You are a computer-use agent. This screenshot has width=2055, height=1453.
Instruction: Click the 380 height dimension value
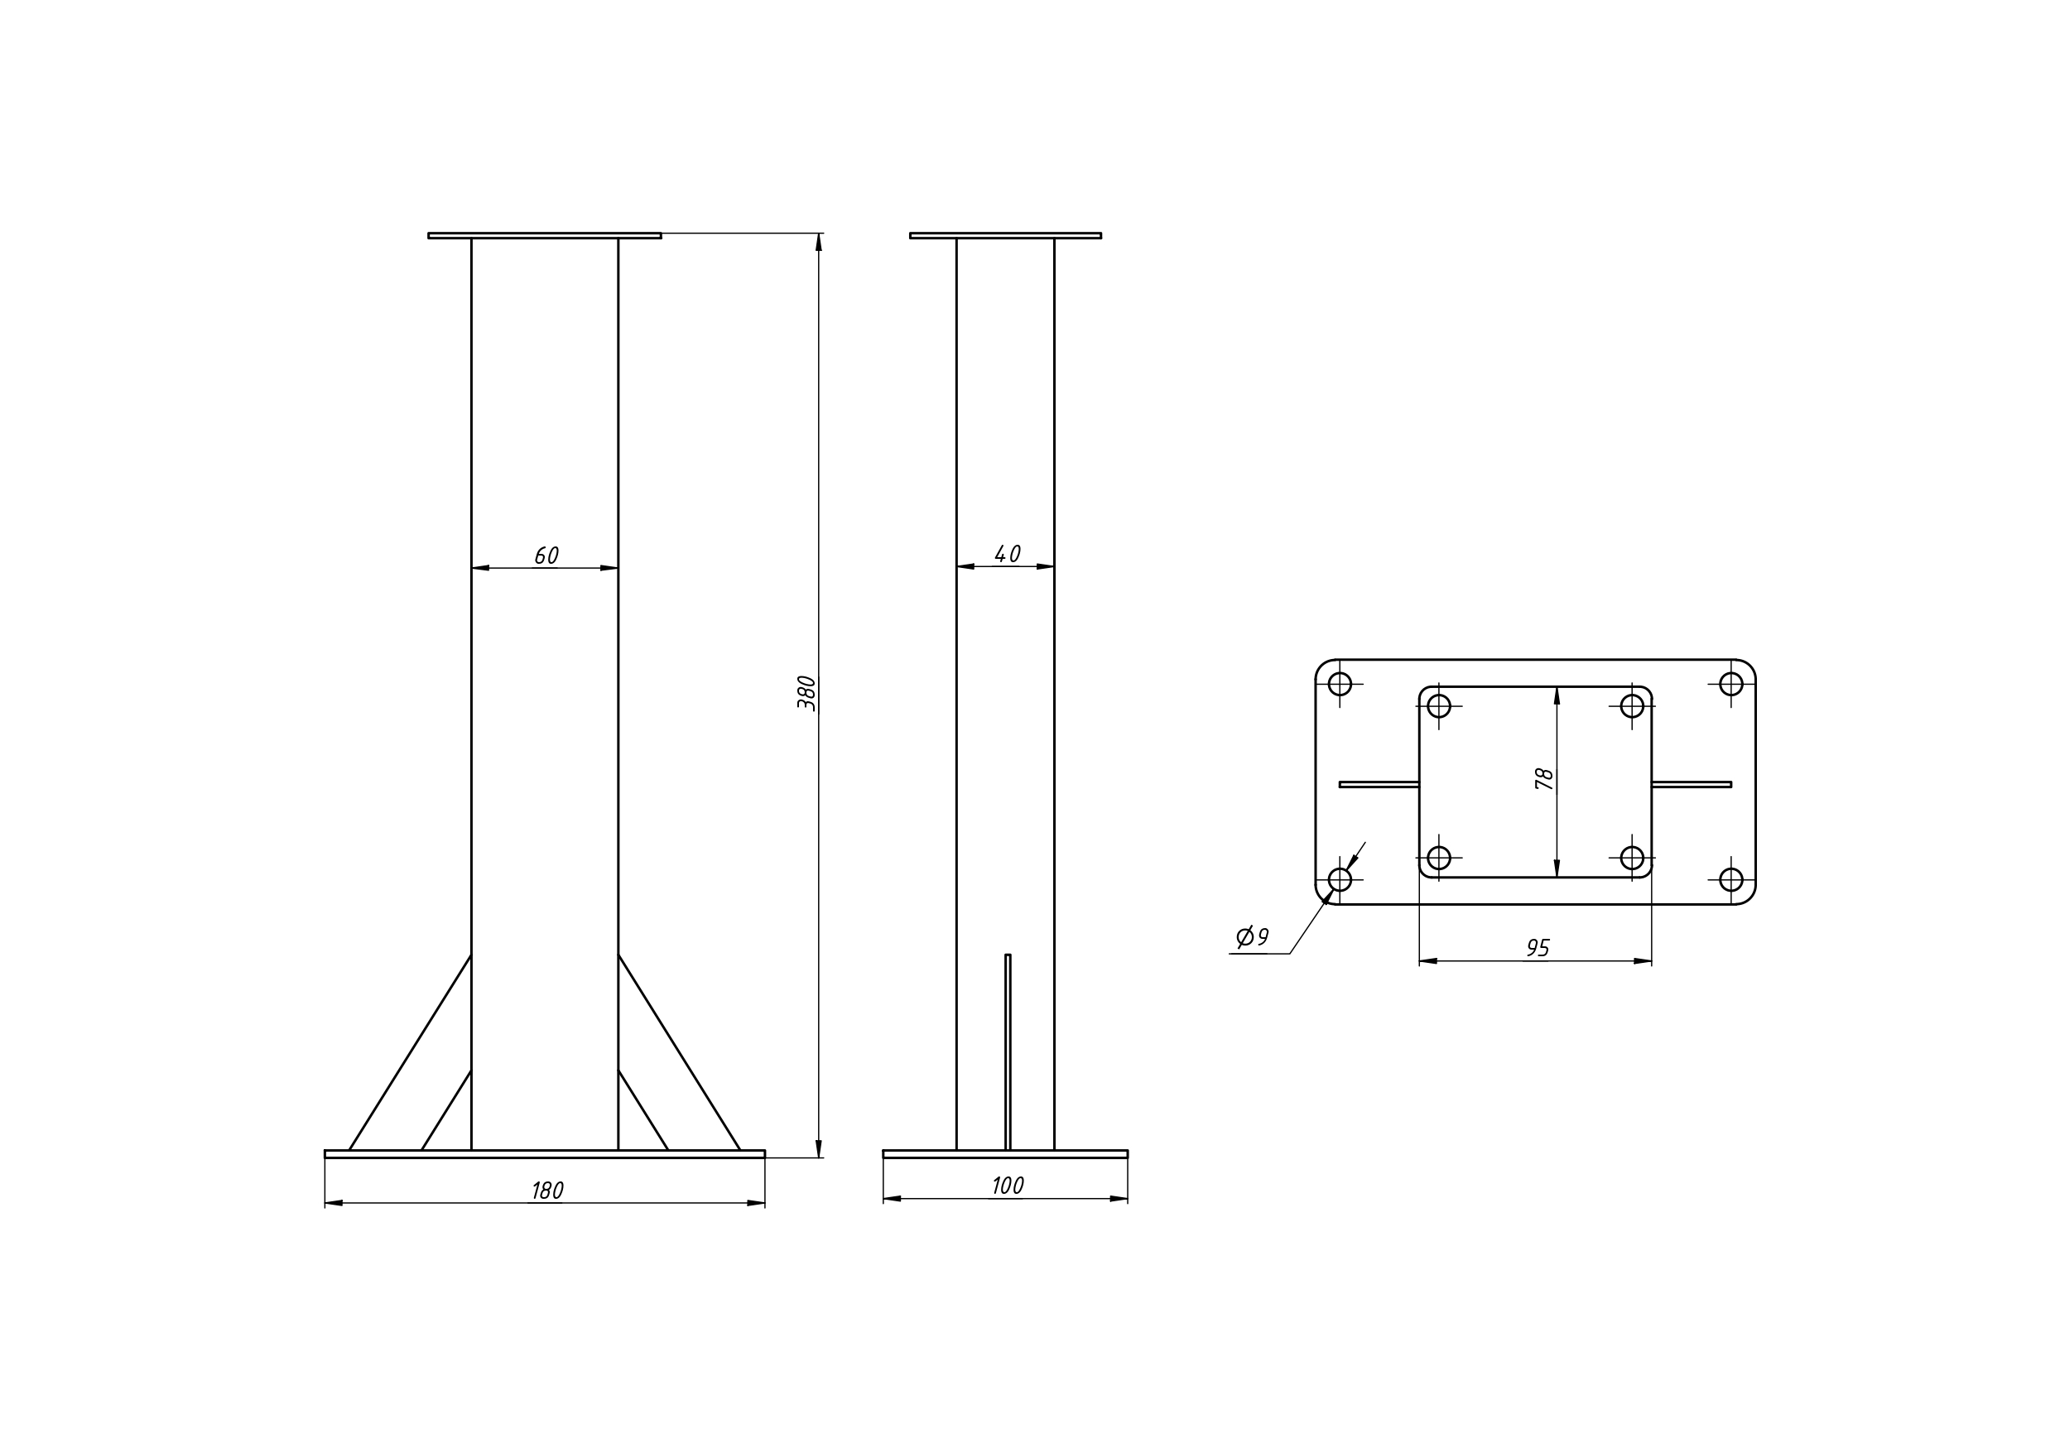[806, 693]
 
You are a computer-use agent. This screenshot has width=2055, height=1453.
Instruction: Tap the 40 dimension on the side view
[1008, 554]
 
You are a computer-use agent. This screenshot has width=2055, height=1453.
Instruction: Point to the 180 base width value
[548, 1191]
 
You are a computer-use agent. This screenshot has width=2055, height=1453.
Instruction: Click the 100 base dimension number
[1008, 1186]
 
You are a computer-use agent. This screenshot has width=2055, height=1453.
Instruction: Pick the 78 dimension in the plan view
[1544, 778]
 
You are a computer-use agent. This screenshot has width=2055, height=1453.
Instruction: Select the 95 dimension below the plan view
[1538, 948]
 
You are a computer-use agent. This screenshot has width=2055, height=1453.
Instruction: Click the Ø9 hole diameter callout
[1252, 937]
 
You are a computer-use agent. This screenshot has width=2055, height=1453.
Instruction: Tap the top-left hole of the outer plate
[1340, 684]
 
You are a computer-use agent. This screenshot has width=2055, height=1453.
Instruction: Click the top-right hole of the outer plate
[1731, 684]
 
